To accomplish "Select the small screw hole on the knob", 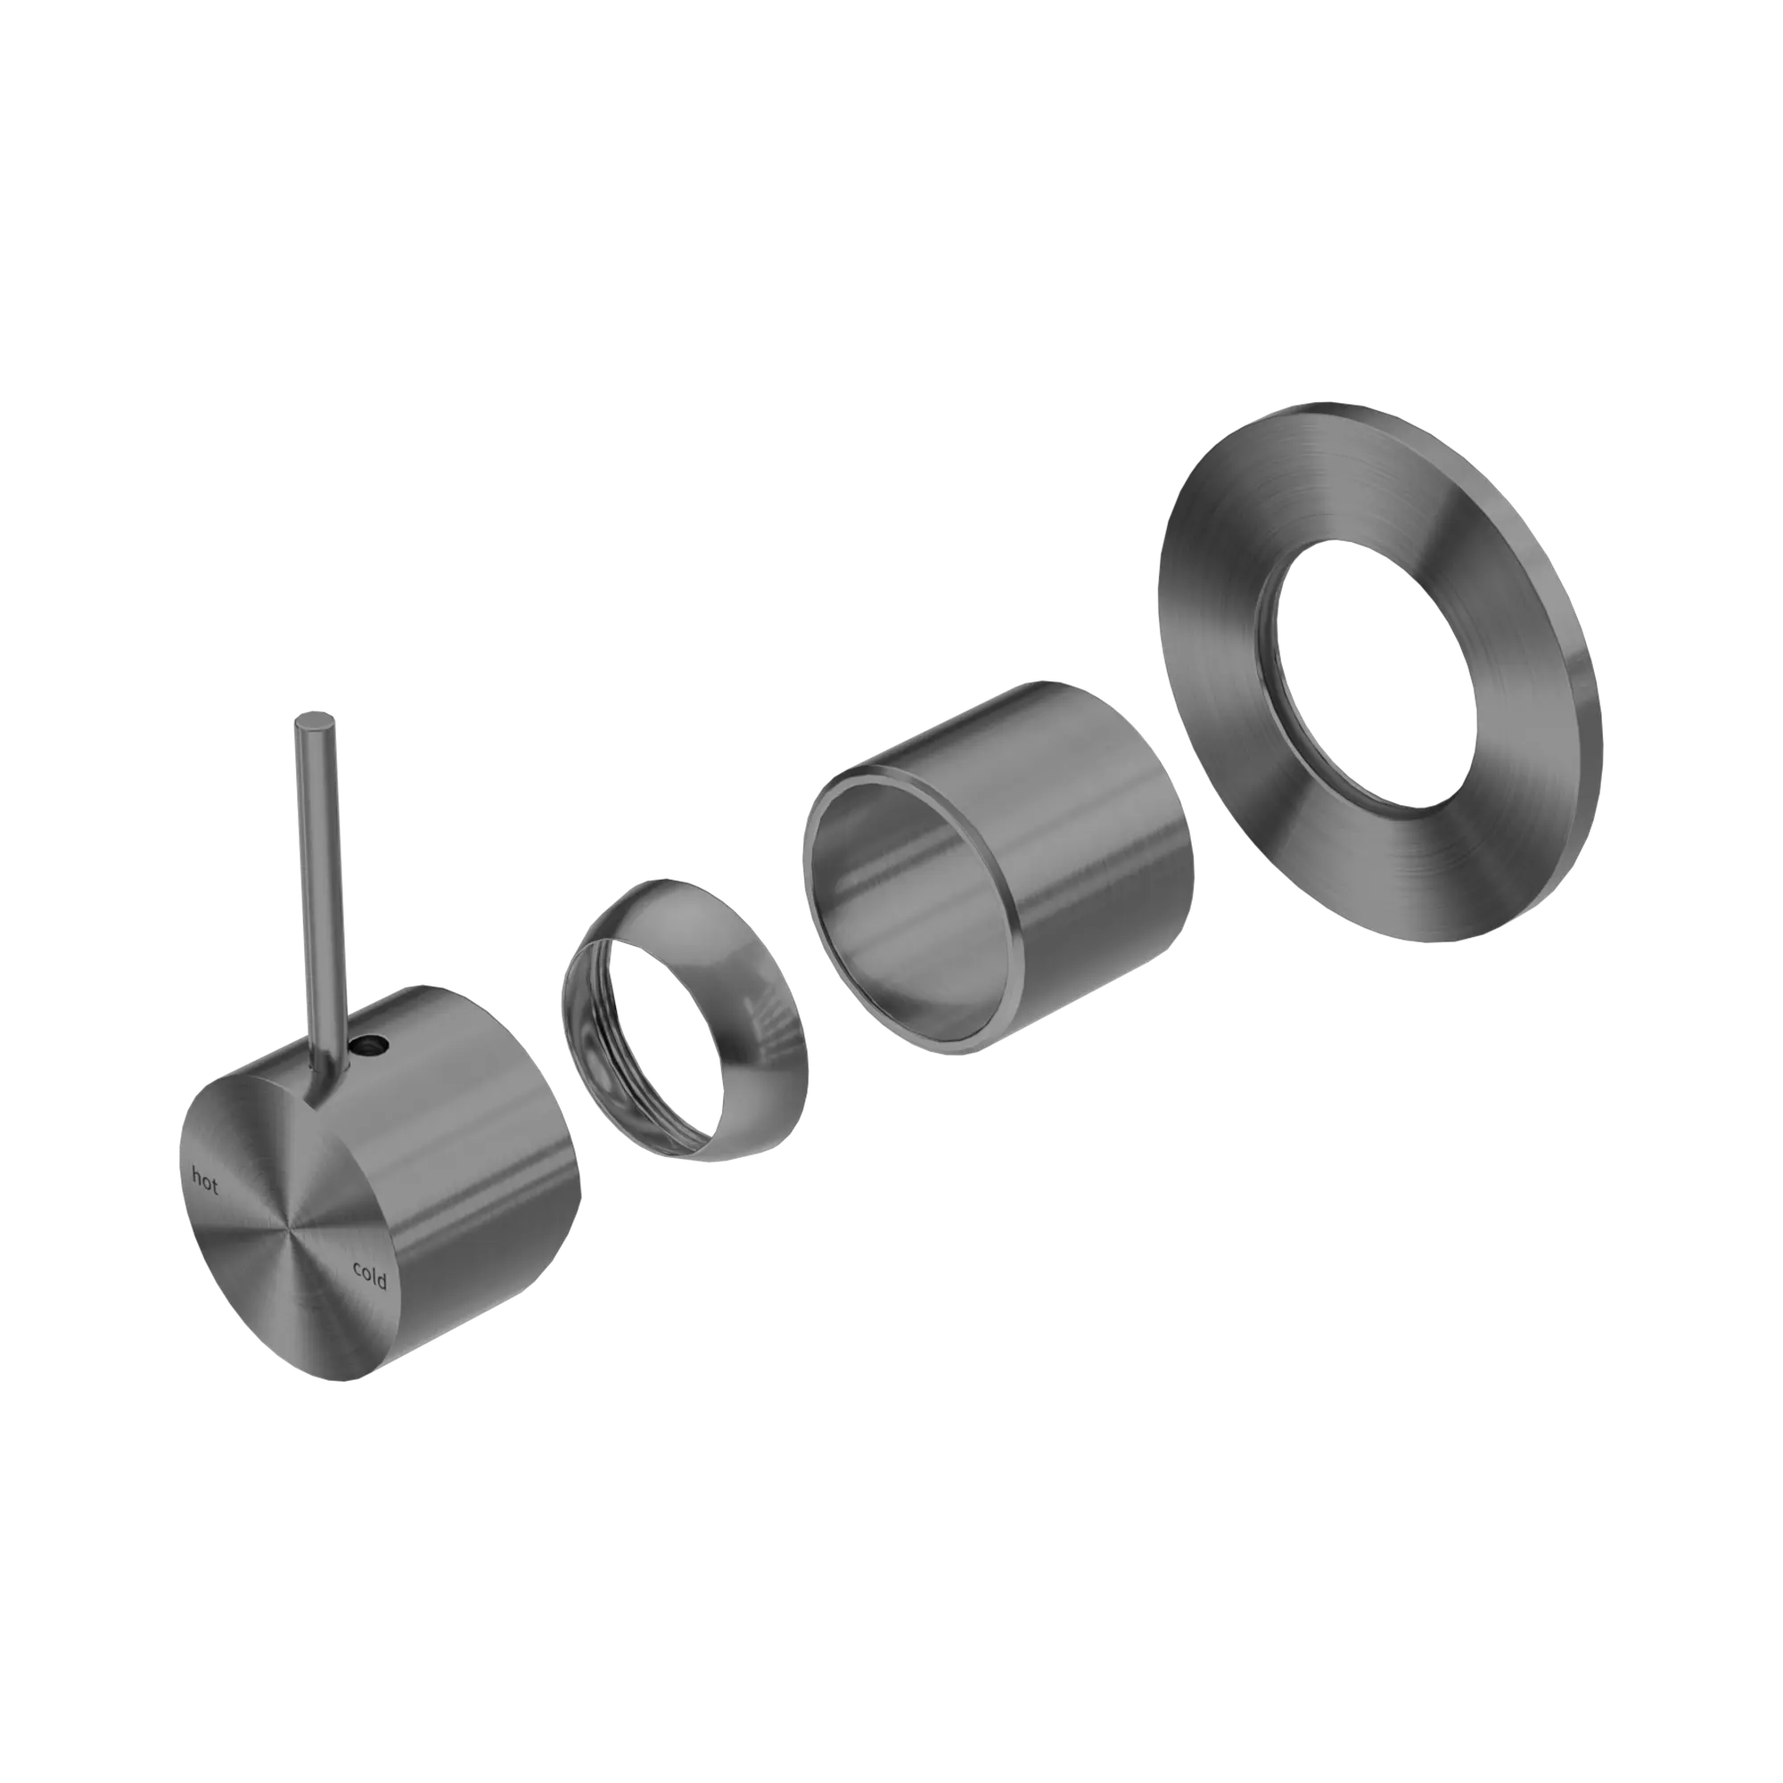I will [372, 1046].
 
